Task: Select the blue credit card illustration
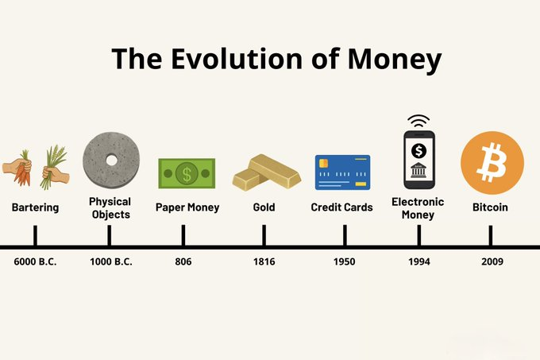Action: [343, 172]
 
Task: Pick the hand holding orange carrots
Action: [17, 168]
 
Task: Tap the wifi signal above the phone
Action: [419, 122]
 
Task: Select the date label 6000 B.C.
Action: [35, 261]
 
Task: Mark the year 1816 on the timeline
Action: [264, 261]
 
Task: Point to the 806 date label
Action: [183, 261]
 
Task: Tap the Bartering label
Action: [35, 207]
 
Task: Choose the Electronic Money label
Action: [418, 208]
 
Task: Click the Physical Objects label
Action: [110, 208]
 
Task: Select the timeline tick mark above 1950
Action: [344, 235]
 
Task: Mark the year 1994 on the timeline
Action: [418, 261]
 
